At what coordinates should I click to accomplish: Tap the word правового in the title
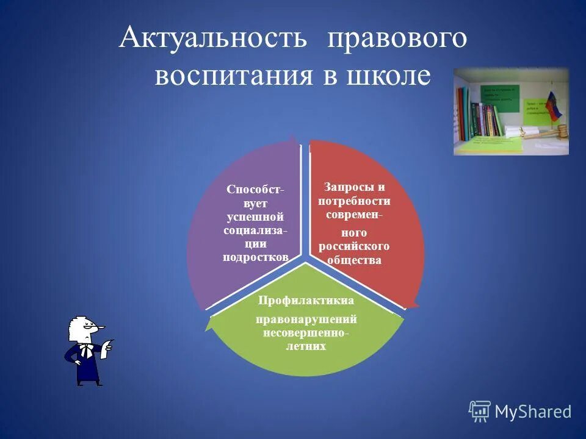point(397,38)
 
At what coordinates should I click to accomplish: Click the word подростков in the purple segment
point(255,257)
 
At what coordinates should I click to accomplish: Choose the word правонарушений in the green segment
point(306,319)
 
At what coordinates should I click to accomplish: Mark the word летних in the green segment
point(306,346)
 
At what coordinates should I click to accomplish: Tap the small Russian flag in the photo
point(553,105)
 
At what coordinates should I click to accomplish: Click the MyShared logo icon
point(479,412)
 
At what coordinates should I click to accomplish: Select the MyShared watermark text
point(533,412)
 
